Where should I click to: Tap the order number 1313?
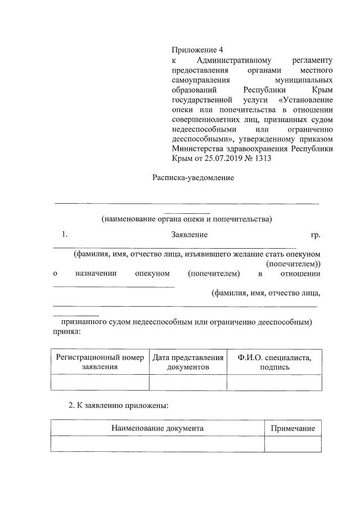coord(263,158)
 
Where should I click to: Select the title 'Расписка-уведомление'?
coord(193,178)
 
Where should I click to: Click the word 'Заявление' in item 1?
coord(190,234)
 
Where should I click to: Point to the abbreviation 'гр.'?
coord(316,234)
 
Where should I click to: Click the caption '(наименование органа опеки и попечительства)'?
coord(187,219)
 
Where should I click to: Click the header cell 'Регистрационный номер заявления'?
coord(99,362)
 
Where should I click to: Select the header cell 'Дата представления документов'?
coord(188,362)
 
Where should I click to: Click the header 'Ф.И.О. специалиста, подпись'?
coord(274,362)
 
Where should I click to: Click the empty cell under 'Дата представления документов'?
coord(188,383)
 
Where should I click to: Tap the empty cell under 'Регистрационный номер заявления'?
coord(99,383)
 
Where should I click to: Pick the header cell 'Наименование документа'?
coord(157,428)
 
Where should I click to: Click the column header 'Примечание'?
coord(292,428)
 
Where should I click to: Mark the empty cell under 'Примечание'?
coord(292,445)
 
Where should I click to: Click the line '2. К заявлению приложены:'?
coord(118,405)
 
